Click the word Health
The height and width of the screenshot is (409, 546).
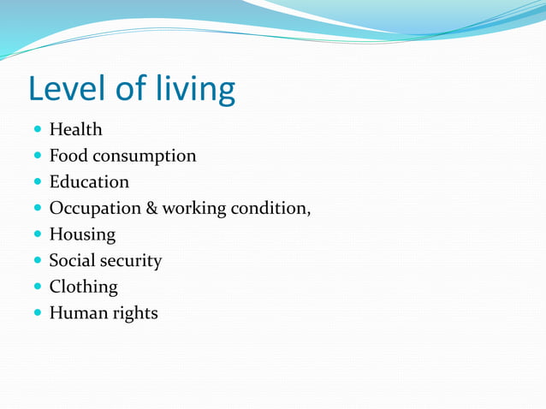[75, 130]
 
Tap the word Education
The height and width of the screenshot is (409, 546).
[89, 182]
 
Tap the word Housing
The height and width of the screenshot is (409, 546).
[82, 234]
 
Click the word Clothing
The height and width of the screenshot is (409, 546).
[83, 287]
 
